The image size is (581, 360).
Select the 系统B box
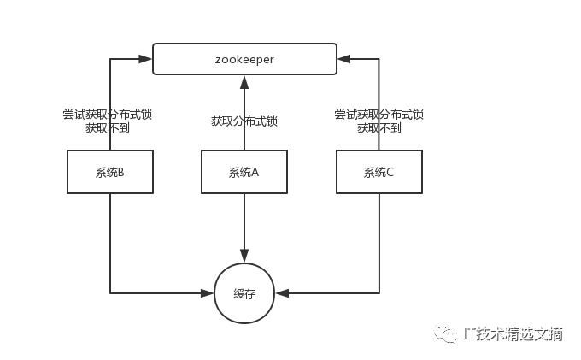[x=110, y=172]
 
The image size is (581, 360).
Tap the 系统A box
[x=244, y=172]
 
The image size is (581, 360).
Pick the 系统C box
[x=379, y=172]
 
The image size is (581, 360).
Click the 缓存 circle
[x=244, y=293]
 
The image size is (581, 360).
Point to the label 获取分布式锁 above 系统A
[x=244, y=121]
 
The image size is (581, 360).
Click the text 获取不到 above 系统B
[x=108, y=128]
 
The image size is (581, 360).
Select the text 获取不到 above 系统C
[x=379, y=128]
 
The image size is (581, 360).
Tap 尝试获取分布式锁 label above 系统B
[x=108, y=114]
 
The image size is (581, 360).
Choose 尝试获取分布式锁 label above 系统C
[x=379, y=114]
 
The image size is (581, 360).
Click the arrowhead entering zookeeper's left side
[x=146, y=58]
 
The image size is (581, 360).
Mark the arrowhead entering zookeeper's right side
[x=343, y=58]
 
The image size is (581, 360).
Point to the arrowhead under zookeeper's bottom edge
[x=244, y=81]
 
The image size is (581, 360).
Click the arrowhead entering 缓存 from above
[x=244, y=256]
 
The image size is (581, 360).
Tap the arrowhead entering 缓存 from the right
[x=282, y=293]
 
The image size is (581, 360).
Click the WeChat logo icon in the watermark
[x=446, y=333]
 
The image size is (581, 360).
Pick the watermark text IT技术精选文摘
[x=512, y=333]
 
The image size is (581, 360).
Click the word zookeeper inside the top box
[x=244, y=58]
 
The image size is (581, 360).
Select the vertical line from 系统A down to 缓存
[x=244, y=222]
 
